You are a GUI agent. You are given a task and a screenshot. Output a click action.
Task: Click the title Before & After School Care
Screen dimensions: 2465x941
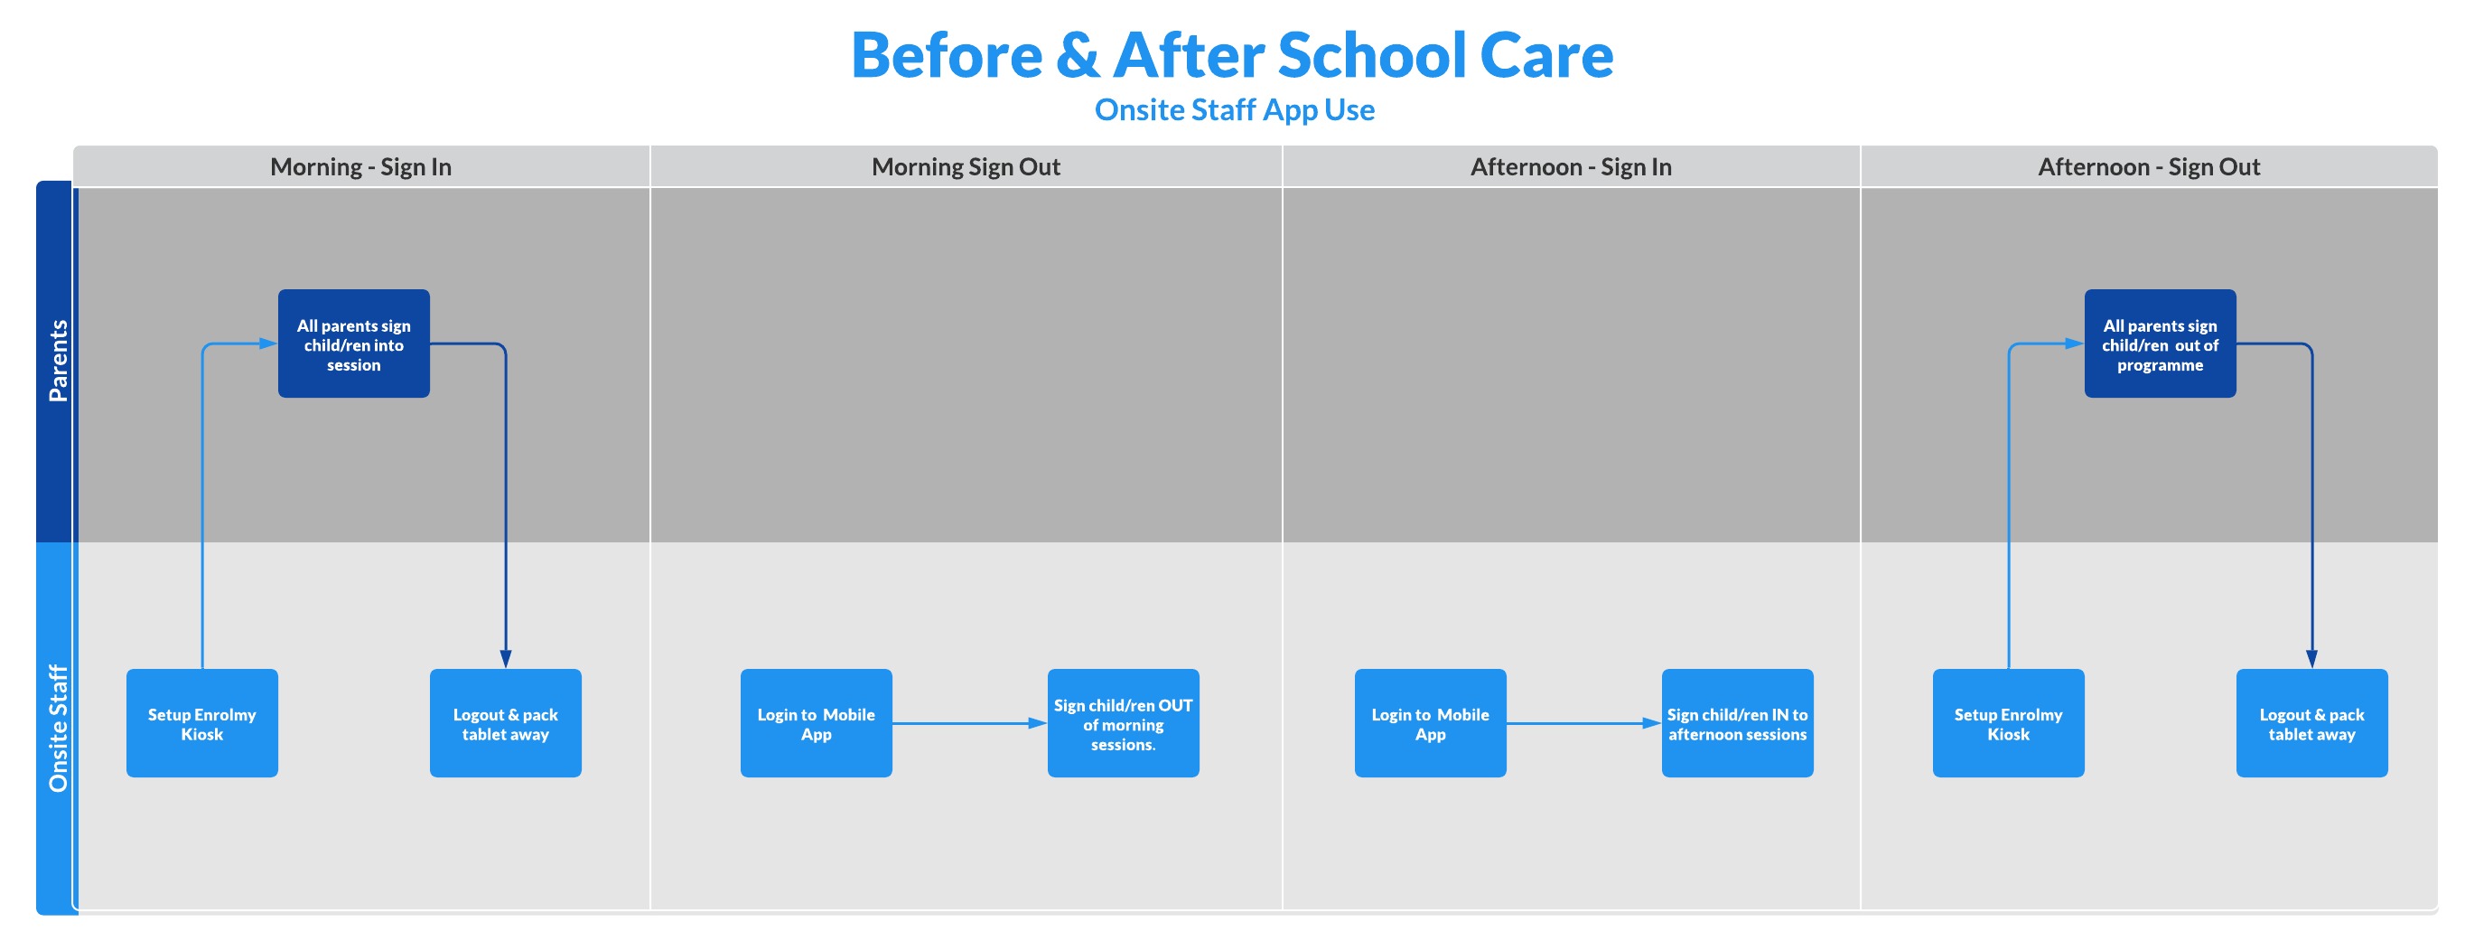click(x=1231, y=54)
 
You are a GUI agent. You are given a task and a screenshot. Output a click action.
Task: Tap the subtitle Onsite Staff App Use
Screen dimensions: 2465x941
click(x=1235, y=110)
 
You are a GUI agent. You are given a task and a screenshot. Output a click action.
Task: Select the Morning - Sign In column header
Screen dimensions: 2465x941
click(x=360, y=166)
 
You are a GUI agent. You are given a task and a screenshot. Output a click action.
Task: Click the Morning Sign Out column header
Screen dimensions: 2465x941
click(x=966, y=166)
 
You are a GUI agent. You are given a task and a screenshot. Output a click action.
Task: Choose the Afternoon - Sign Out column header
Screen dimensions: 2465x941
click(x=2148, y=166)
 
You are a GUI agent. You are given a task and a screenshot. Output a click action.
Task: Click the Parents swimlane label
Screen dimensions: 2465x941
click(x=58, y=361)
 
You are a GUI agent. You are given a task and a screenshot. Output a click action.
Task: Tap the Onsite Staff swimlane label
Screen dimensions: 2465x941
click(x=58, y=729)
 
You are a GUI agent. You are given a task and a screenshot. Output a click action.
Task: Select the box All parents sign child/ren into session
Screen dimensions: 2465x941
click(x=354, y=343)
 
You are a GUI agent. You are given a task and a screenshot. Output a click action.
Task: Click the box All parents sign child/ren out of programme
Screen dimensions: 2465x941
click(x=2160, y=343)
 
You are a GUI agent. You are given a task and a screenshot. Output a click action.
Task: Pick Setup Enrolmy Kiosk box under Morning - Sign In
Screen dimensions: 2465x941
click(x=202, y=723)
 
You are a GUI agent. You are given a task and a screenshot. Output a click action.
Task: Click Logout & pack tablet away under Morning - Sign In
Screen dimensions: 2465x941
click(x=505, y=723)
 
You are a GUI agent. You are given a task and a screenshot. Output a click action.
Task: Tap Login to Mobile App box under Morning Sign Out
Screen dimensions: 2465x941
click(x=817, y=723)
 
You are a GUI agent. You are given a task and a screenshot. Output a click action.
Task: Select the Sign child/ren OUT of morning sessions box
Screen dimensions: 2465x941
click(x=1124, y=723)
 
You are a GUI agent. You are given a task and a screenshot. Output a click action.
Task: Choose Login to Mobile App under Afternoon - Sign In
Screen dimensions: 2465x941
click(x=1431, y=723)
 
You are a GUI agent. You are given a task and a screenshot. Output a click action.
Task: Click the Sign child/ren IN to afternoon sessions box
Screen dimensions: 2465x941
click(x=1738, y=723)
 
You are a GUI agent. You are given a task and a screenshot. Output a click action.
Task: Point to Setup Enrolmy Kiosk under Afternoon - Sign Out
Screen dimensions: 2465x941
click(x=2009, y=723)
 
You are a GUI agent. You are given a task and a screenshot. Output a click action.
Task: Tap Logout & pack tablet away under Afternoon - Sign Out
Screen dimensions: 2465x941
click(x=2311, y=723)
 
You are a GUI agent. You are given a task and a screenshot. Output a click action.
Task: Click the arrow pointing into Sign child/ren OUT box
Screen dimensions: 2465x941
click(x=970, y=724)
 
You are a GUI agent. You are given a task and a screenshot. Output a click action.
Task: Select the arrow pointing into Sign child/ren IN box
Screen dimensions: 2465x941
click(x=1584, y=724)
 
